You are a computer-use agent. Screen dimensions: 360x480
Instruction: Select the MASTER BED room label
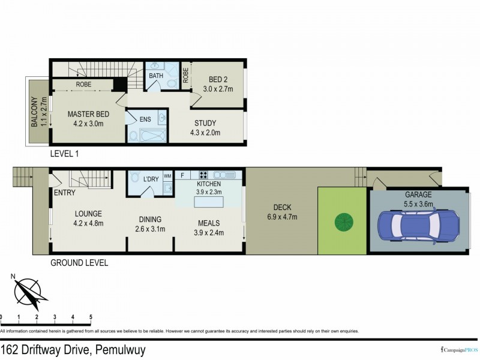(x=88, y=114)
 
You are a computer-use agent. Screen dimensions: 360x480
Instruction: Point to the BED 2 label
(x=219, y=80)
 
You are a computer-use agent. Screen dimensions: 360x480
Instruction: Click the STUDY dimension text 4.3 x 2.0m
(x=205, y=133)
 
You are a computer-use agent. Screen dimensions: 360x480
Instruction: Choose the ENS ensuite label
(x=145, y=119)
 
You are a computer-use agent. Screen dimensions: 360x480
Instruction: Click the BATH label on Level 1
(x=157, y=76)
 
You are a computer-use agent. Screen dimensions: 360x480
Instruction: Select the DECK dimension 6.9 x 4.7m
(x=281, y=217)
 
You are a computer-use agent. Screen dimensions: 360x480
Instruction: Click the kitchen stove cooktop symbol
(x=203, y=175)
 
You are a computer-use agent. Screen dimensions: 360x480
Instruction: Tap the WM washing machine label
(x=167, y=175)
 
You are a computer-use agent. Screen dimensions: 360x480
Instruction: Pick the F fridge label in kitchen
(x=182, y=175)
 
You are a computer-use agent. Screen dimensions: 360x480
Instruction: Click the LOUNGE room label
(x=88, y=214)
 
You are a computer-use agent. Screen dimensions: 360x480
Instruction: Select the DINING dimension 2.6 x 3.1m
(x=149, y=229)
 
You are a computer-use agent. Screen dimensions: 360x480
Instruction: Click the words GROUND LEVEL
(x=79, y=263)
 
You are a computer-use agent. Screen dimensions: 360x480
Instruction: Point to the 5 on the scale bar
(x=91, y=317)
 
